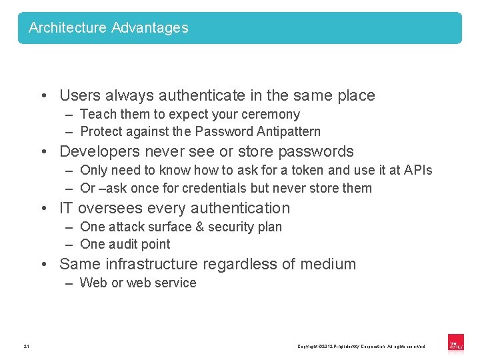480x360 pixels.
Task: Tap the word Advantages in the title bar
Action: (150, 28)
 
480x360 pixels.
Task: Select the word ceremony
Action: (269, 115)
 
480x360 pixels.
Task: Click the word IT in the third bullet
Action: (66, 209)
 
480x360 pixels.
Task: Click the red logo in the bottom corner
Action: (456, 343)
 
